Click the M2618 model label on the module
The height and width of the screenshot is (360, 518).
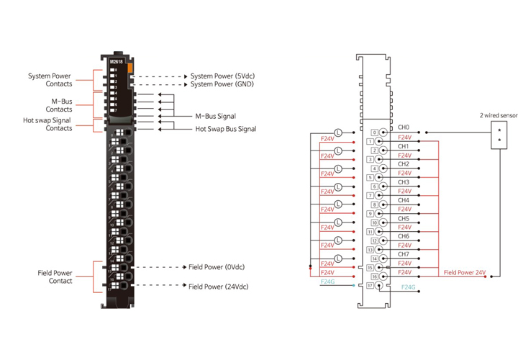pyautogui.click(x=117, y=61)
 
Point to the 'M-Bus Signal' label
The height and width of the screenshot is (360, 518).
pyautogui.click(x=215, y=116)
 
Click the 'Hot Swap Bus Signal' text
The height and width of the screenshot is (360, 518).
pyautogui.click(x=226, y=130)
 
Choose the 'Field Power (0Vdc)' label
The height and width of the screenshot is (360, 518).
pyautogui.click(x=218, y=267)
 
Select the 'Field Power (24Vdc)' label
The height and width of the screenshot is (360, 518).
pyautogui.click(x=219, y=286)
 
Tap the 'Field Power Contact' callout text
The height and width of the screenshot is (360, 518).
pyautogui.click(x=55, y=276)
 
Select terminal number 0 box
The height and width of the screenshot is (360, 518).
pyautogui.click(x=374, y=133)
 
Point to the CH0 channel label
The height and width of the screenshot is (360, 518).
pyautogui.click(x=403, y=128)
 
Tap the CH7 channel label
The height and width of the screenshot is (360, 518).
pyautogui.click(x=403, y=254)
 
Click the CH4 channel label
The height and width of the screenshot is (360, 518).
pyautogui.click(x=403, y=200)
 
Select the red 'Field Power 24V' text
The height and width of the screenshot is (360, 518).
pyautogui.click(x=464, y=273)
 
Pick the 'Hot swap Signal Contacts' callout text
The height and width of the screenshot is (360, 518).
pyautogui.click(x=49, y=124)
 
